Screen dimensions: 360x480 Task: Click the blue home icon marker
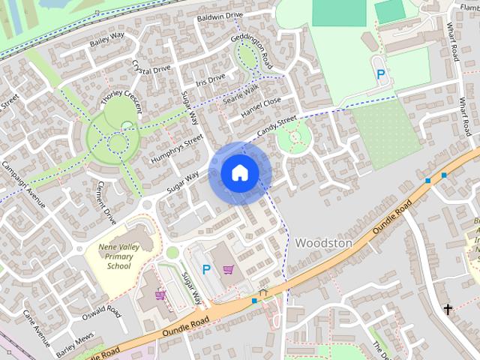(239, 173)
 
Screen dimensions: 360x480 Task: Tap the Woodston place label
(323, 243)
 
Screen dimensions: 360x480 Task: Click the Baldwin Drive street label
(220, 16)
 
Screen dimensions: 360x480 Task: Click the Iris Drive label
(208, 78)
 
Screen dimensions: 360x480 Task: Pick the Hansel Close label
(261, 107)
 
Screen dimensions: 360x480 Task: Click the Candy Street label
(277, 125)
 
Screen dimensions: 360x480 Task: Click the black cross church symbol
(448, 308)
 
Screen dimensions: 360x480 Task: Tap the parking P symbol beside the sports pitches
(381, 74)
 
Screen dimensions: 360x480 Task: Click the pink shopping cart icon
(228, 268)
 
